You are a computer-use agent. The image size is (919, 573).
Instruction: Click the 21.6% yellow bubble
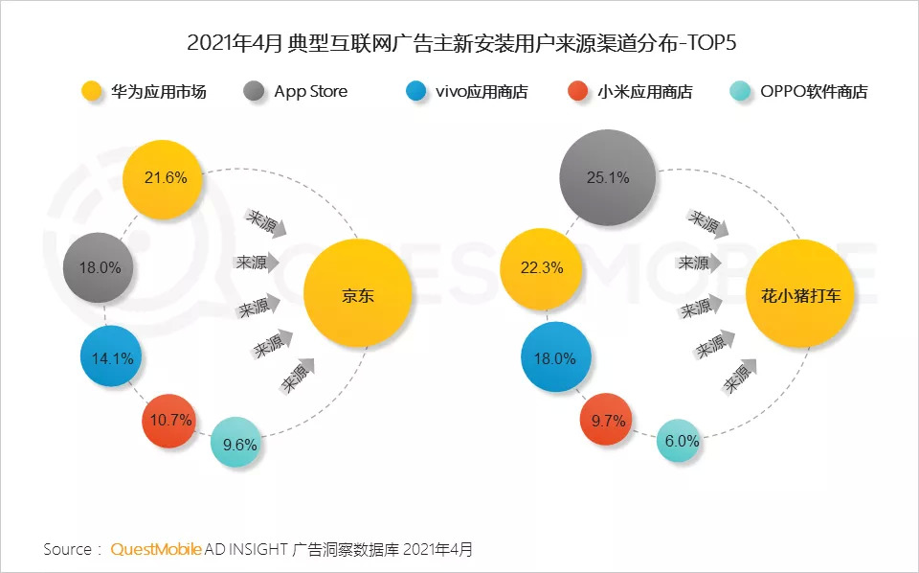(163, 178)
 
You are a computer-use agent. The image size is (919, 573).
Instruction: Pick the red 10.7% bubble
(172, 420)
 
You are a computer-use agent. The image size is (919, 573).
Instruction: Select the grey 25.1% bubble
(608, 177)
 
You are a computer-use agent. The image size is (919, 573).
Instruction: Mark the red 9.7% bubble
(607, 420)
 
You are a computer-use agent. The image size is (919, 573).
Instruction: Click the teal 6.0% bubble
(682, 442)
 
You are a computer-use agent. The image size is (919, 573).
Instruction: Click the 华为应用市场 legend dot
(92, 92)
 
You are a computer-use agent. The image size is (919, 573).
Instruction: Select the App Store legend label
(310, 92)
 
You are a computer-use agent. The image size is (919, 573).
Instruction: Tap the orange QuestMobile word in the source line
(156, 549)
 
